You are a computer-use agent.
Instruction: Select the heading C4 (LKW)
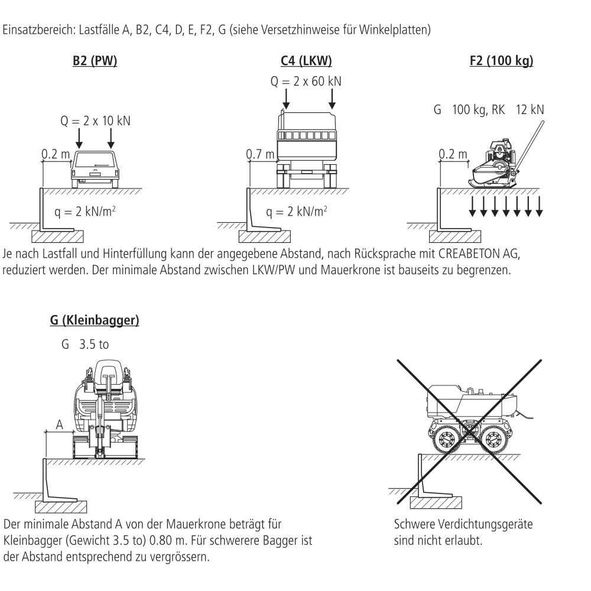(306, 61)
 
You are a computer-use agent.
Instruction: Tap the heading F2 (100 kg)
(500, 61)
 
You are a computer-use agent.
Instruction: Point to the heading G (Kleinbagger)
(95, 322)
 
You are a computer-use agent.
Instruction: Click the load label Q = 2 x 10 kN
(95, 121)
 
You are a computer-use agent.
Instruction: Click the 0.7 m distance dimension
(261, 155)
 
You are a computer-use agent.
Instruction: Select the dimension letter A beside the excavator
(59, 423)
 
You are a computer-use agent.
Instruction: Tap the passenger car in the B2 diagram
(95, 168)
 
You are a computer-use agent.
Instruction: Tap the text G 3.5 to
(86, 343)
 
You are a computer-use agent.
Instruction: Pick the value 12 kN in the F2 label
(530, 110)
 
